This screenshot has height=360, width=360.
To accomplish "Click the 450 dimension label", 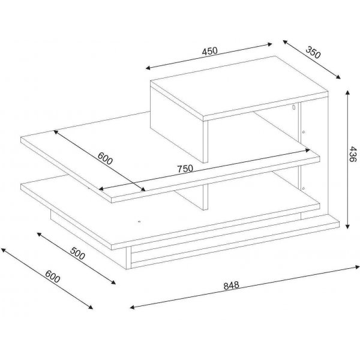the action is tap(209, 51).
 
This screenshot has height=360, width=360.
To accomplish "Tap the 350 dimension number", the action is tap(313, 52).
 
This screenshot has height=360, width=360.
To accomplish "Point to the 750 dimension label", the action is tap(185, 169).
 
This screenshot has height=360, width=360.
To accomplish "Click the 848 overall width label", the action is tap(231, 286).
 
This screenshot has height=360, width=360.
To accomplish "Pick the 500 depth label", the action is tap(77, 253).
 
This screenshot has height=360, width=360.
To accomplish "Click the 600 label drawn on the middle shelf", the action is tap(105, 158).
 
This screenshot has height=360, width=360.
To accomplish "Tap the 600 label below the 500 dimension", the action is tap(53, 277).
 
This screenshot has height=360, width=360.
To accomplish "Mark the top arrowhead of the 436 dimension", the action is tap(347, 93).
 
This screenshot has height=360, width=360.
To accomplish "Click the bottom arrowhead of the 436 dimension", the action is tap(347, 226).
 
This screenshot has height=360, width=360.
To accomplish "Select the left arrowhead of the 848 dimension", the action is tap(132, 307).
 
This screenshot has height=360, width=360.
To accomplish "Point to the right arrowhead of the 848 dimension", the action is tap(357, 267).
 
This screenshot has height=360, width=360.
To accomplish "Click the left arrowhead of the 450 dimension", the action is tap(148, 68).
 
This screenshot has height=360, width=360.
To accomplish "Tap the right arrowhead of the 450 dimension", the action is tap(269, 44).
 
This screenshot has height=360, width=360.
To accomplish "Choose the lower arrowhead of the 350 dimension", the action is tap(338, 77).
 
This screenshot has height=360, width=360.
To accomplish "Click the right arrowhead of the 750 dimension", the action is tap(308, 150).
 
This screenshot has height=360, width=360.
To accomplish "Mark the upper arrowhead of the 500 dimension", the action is tap(39, 234).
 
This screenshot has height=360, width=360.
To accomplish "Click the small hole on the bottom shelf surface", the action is tap(139, 222).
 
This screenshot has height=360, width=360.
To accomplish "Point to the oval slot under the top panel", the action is tap(293, 107).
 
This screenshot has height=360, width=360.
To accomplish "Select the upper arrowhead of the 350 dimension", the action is tap(286, 42).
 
